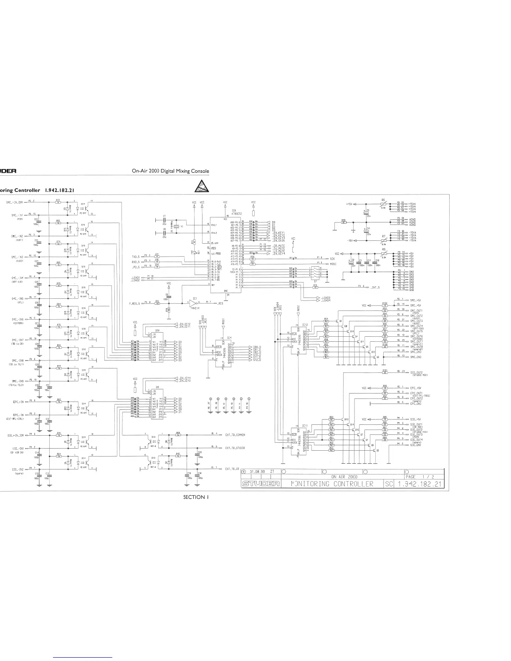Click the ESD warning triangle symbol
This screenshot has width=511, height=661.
202,186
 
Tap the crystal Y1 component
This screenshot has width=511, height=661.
176,226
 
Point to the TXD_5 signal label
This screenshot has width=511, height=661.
136,255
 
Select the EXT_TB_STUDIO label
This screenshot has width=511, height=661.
235,448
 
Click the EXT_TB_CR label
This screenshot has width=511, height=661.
232,469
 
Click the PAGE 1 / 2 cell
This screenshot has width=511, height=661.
422,476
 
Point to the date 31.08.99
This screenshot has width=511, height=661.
258,472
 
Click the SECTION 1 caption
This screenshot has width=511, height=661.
196,497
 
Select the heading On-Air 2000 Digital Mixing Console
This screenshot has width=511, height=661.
170,172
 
